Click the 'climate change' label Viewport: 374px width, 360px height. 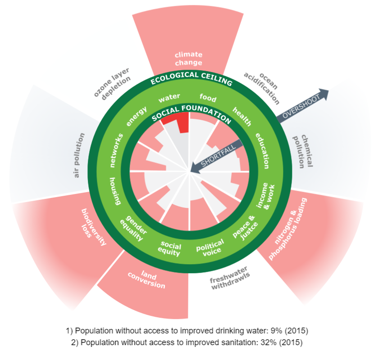pyautogui.click(x=188, y=59)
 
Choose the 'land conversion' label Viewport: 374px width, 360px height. pyautogui.click(x=151, y=279)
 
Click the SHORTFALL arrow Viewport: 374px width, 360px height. pyautogui.click(x=216, y=157)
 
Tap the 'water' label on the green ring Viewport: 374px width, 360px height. pyautogui.click(x=169, y=97)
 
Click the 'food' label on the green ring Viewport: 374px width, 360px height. pyautogui.click(x=208, y=98)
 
